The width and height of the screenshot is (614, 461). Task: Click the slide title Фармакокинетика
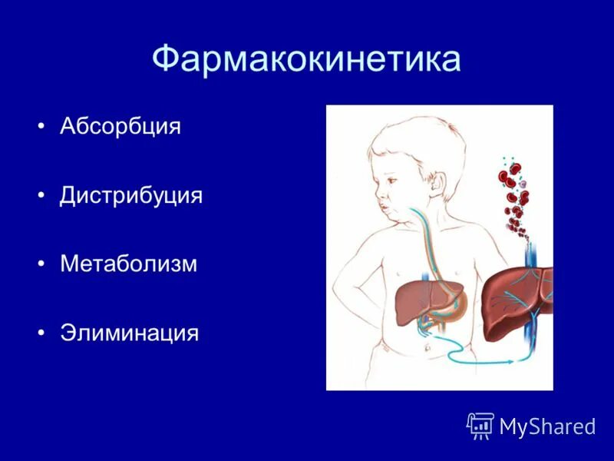click(x=306, y=59)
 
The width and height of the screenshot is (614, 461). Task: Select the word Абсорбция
click(x=120, y=126)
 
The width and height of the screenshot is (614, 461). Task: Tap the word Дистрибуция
click(x=131, y=195)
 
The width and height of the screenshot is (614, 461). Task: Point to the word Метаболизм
click(x=129, y=264)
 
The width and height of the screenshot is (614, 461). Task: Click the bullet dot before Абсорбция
click(x=41, y=127)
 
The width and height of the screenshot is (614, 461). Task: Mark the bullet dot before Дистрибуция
click(x=41, y=196)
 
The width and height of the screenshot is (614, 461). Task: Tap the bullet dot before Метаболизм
click(x=41, y=265)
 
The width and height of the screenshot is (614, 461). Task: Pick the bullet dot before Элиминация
click(x=41, y=334)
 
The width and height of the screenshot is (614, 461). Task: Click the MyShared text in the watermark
click(x=547, y=426)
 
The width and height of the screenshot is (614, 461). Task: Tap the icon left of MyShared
click(x=480, y=425)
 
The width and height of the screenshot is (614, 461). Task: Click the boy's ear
click(x=438, y=187)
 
